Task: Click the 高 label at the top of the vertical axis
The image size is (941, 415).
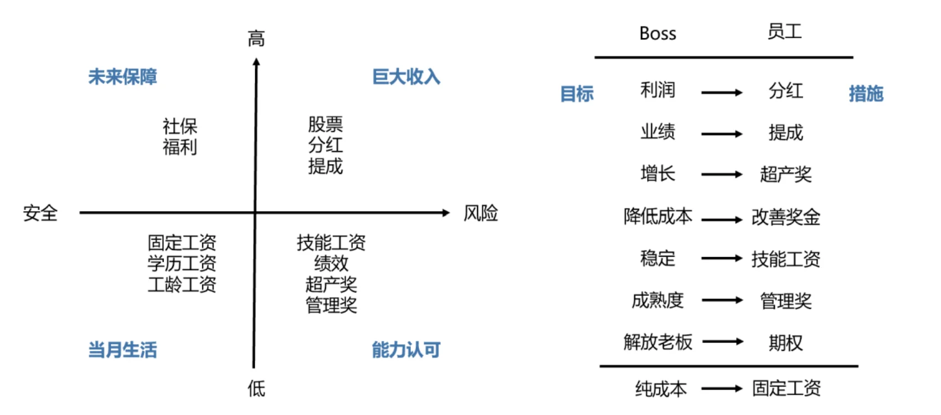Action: point(256,39)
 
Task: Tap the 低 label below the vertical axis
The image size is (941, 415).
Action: point(256,388)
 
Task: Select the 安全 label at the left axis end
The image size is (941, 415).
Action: point(40,213)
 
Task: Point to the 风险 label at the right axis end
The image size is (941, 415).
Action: point(481,213)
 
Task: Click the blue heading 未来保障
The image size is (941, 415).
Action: point(122,76)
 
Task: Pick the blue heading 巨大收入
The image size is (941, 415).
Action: point(406,76)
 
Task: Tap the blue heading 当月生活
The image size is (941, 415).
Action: point(122,350)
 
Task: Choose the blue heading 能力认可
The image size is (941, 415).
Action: point(406,350)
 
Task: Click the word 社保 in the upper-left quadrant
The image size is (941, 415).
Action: point(180,126)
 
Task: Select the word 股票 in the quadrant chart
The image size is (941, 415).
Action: point(326,124)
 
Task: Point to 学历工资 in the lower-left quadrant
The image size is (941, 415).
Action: point(182,263)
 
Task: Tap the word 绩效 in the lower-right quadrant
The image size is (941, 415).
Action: point(331,263)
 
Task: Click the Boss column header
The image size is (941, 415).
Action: point(657,34)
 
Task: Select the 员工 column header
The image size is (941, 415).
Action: point(785,32)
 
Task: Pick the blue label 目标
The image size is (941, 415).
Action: point(577,94)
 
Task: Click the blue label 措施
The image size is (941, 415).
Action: point(866,94)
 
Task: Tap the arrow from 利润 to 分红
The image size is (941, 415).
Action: point(722,93)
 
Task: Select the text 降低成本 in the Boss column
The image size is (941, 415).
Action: point(658,216)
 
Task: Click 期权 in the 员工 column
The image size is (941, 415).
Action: point(785,343)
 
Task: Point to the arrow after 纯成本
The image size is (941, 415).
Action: point(722,389)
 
